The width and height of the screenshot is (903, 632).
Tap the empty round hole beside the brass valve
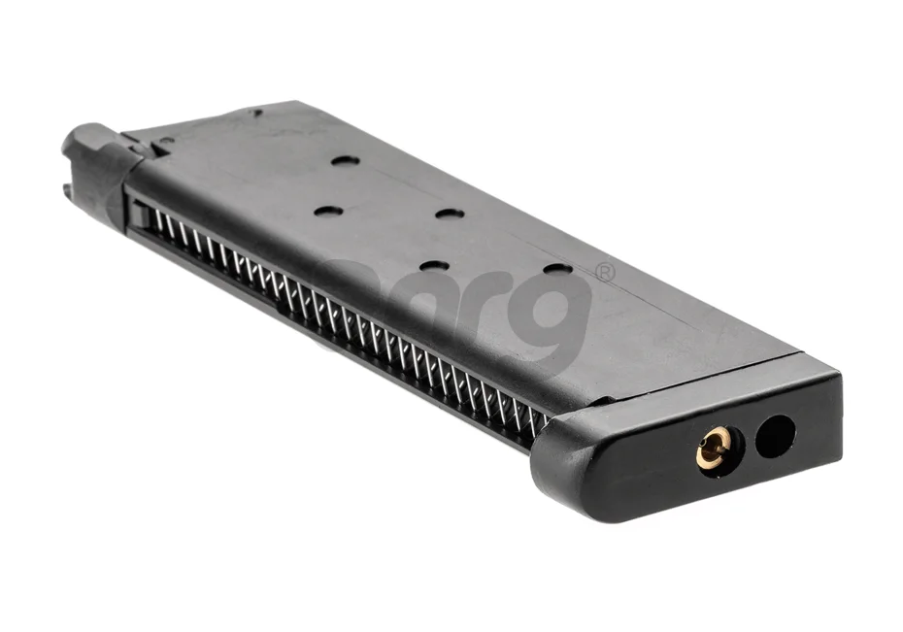click(774, 436)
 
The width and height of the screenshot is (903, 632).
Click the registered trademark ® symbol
click(605, 273)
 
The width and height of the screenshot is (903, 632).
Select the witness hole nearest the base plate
click(557, 268)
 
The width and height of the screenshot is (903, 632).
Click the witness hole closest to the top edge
click(345, 160)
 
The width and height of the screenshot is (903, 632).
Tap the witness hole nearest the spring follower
click(328, 211)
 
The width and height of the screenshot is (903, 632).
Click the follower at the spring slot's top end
click(142, 215)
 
